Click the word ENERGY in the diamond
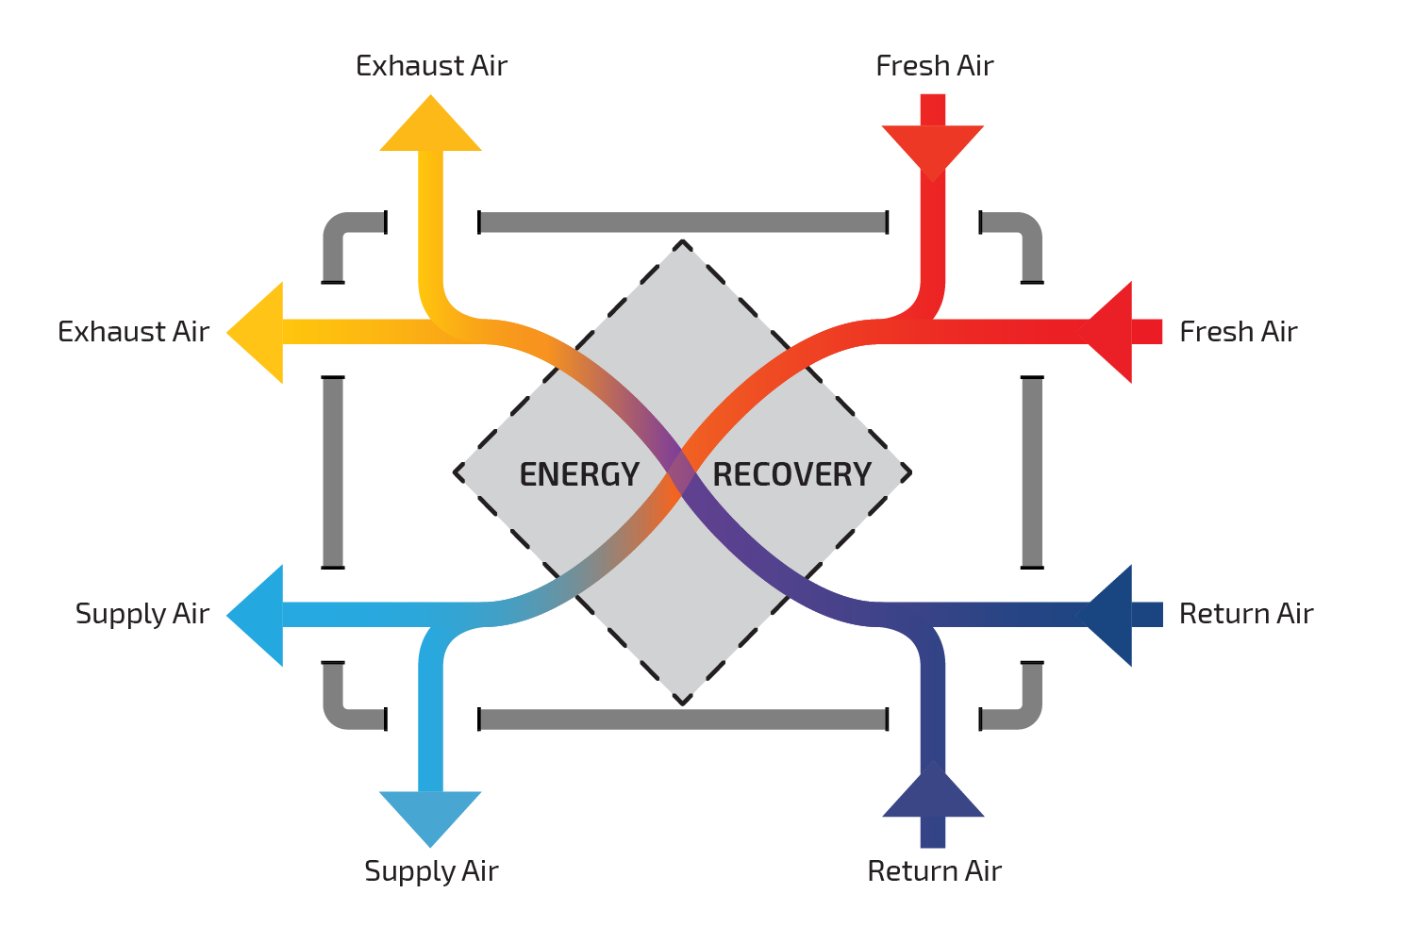(x=579, y=474)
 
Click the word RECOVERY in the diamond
(x=791, y=474)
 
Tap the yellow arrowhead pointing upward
(x=431, y=127)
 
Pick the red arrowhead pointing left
(x=1113, y=332)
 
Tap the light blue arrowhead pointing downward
(x=431, y=816)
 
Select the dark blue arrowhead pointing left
(x=1113, y=615)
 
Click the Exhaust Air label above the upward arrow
(x=431, y=66)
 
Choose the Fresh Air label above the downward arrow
(x=934, y=66)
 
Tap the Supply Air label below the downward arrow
(x=431, y=871)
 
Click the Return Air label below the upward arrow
(x=934, y=871)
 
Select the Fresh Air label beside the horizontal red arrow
(x=1238, y=332)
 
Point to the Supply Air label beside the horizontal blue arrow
(x=141, y=615)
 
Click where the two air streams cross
(x=682, y=473)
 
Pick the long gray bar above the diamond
(x=683, y=223)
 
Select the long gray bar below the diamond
(x=683, y=720)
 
